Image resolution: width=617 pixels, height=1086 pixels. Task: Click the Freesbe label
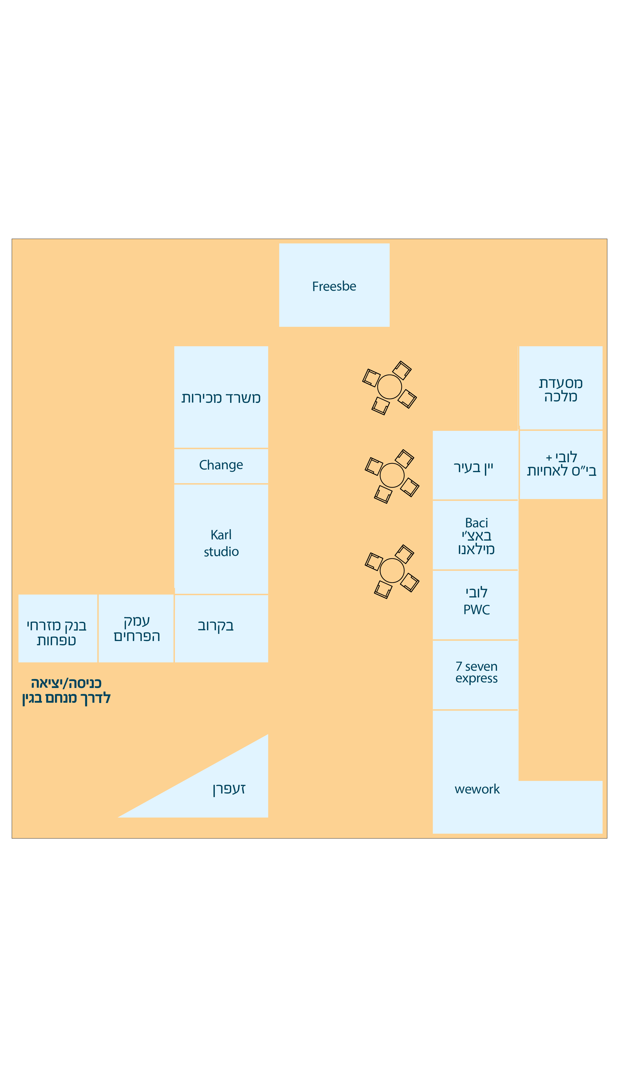334,286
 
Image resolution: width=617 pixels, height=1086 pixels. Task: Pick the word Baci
476,523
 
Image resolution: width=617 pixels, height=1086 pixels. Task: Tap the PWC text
476,610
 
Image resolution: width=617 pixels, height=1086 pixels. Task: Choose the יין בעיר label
473,468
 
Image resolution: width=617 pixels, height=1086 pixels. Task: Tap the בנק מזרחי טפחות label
56,633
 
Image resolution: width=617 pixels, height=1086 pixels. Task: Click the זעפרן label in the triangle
229,789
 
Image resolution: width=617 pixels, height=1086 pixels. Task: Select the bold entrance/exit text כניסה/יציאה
66,683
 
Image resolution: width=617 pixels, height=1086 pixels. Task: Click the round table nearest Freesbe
389,387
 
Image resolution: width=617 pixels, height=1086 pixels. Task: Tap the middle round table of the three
392,475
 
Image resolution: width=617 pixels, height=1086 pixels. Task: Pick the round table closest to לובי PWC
392,571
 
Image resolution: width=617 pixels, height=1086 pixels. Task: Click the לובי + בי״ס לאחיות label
562,464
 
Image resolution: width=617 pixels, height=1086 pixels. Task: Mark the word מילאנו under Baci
476,549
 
